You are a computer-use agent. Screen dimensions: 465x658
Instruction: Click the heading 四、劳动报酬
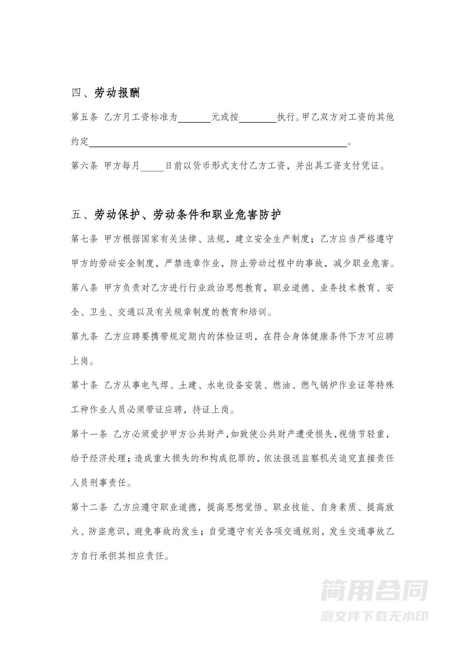click(x=105, y=93)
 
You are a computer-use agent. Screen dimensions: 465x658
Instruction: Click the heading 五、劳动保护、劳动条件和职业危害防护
click(x=176, y=214)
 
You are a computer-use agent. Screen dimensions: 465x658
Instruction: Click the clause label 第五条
click(x=84, y=117)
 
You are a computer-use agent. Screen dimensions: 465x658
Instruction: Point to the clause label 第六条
click(x=84, y=166)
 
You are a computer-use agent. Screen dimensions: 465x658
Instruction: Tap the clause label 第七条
click(x=84, y=239)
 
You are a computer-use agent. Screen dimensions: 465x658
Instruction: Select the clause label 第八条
click(x=84, y=288)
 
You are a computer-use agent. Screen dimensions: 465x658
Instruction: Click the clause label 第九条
click(x=84, y=336)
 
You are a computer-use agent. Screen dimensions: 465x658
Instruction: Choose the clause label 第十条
click(x=84, y=385)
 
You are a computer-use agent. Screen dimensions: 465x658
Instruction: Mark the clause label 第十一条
click(x=89, y=434)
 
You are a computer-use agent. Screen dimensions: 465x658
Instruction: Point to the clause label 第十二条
click(x=89, y=507)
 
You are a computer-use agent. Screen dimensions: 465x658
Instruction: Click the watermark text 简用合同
click(x=374, y=591)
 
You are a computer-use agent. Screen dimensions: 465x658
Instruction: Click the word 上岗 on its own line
click(x=80, y=361)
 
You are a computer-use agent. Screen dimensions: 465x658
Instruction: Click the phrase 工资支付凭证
click(x=351, y=166)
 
